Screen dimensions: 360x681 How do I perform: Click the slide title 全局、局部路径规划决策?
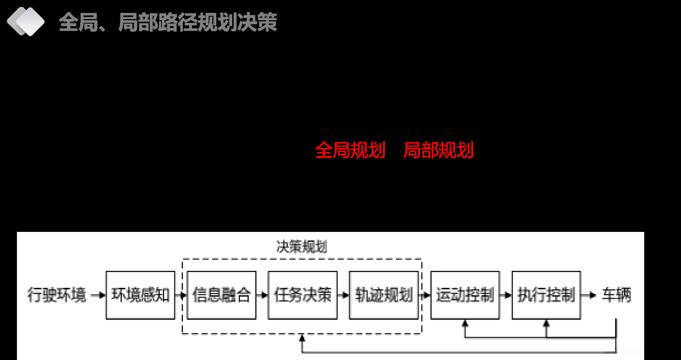[168, 22]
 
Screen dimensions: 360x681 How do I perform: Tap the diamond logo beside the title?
[26, 21]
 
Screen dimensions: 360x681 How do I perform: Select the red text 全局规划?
[350, 150]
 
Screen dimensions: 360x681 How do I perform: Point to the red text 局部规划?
[438, 150]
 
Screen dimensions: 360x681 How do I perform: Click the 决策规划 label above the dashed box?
[302, 247]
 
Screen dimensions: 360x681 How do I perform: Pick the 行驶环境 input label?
[57, 295]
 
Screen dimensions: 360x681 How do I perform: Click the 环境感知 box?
[140, 295]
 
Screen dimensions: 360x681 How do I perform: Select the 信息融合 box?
[221, 295]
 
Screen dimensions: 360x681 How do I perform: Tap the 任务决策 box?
[302, 295]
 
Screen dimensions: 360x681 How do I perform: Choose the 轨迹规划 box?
[384, 295]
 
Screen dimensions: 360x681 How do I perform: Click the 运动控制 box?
[465, 295]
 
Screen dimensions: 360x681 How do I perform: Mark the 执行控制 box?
[546, 295]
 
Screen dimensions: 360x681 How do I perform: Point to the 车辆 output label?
[616, 295]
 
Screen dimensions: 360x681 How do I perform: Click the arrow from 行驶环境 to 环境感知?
[98, 295]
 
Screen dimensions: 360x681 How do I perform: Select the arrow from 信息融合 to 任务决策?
[262, 295]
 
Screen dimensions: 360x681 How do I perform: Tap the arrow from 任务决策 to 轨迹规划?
[344, 295]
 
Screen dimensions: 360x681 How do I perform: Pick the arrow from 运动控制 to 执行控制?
[506, 295]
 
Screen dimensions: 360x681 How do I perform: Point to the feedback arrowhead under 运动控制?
[465, 324]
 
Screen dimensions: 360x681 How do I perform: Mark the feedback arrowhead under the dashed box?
[302, 338]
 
